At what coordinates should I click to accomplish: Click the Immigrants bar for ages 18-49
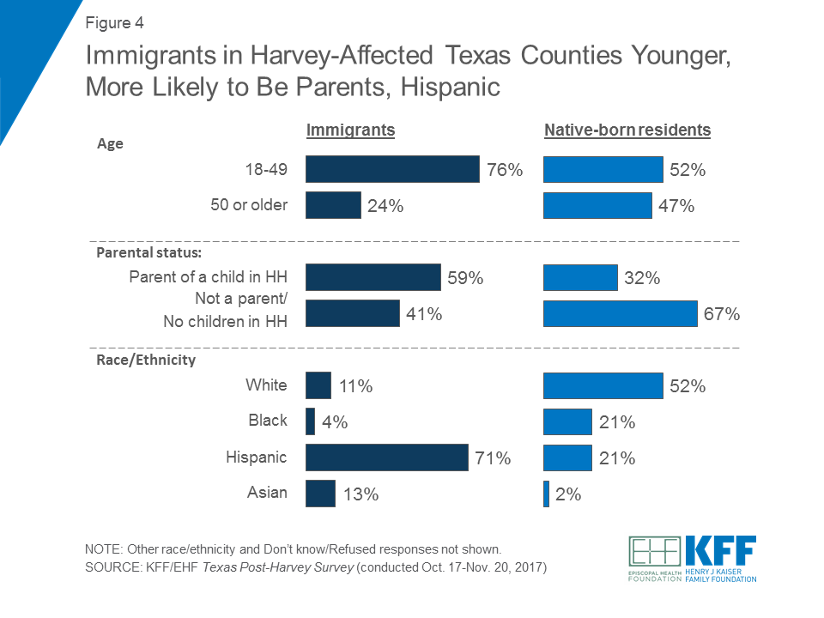(392, 169)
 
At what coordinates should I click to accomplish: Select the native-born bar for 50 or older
(597, 206)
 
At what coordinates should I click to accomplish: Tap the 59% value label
(465, 278)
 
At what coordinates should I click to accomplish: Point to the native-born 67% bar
(620, 314)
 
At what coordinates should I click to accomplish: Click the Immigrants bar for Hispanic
(386, 457)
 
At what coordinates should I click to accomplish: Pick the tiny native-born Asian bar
(546, 494)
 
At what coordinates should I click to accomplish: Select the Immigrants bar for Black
(310, 421)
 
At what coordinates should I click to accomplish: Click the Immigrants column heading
(350, 130)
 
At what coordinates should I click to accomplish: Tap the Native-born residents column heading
(627, 130)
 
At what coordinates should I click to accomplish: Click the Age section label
(109, 144)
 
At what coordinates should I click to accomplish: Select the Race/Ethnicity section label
(145, 360)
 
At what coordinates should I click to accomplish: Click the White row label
(266, 385)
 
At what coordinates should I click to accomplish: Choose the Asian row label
(268, 493)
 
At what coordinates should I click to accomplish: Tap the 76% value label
(504, 170)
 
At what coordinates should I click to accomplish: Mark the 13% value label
(359, 494)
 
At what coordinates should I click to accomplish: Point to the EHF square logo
(655, 553)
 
